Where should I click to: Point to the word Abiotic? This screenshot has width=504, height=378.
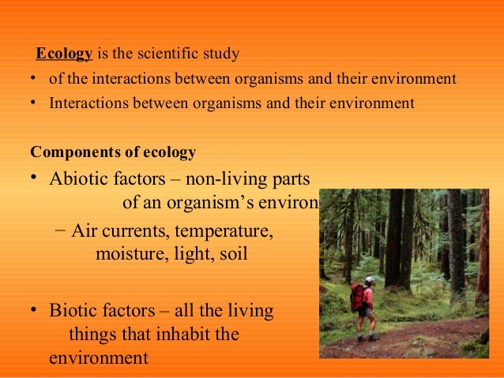click(x=77, y=178)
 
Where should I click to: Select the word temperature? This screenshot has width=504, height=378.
click(x=224, y=232)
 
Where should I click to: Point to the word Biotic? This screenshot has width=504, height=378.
click(x=73, y=311)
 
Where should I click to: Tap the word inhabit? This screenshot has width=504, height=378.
click(x=167, y=335)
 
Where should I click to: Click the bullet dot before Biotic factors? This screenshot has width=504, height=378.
click(x=36, y=312)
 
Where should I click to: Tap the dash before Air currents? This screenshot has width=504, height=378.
click(x=62, y=232)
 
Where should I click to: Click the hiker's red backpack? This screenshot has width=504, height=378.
click(x=358, y=298)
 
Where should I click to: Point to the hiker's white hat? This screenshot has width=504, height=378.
click(x=369, y=279)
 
